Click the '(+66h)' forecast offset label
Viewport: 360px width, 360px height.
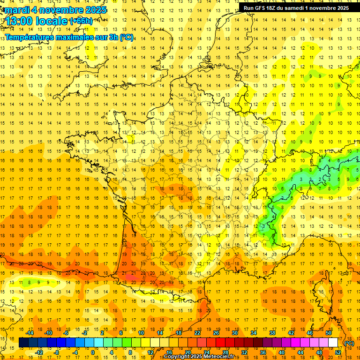(x=81, y=21)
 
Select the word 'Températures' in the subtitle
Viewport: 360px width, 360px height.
(x=28, y=37)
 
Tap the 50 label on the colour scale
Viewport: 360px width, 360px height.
(x=328, y=333)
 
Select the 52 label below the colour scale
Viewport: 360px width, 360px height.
(x=337, y=352)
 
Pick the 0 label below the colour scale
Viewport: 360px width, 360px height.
(x=92, y=352)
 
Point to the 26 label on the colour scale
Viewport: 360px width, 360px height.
(x=216, y=333)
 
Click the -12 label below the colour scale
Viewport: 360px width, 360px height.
(x=39, y=352)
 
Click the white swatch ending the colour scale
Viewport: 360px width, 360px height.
(x=333, y=343)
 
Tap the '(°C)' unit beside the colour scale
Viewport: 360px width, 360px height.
(x=349, y=343)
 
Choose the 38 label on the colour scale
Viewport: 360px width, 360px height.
(x=272, y=333)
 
